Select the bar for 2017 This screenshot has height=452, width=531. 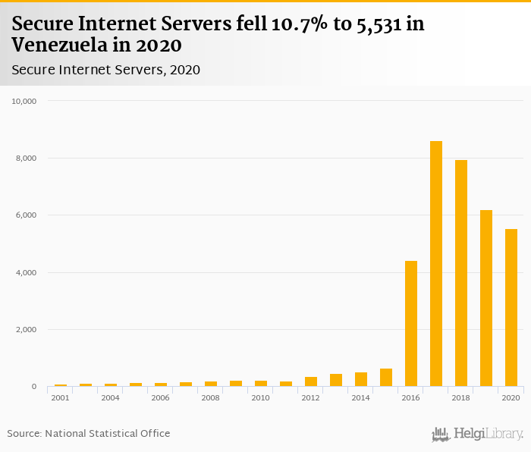[436, 264]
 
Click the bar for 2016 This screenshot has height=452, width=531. [411, 324]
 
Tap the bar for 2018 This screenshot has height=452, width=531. [461, 273]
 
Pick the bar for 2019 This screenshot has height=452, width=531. [486, 298]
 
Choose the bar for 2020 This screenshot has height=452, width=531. [511, 308]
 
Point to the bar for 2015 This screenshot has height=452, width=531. [386, 378]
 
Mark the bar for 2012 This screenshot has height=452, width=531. [311, 381]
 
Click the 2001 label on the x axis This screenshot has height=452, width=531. [60, 397]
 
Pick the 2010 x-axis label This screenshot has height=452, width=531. [260, 397]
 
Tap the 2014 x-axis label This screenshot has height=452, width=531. [361, 397]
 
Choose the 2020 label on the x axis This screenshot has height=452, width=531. [511, 397]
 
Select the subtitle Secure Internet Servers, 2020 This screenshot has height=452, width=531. [105, 71]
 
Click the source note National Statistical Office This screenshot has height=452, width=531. [108, 434]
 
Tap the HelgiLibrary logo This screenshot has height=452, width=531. [478, 435]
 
